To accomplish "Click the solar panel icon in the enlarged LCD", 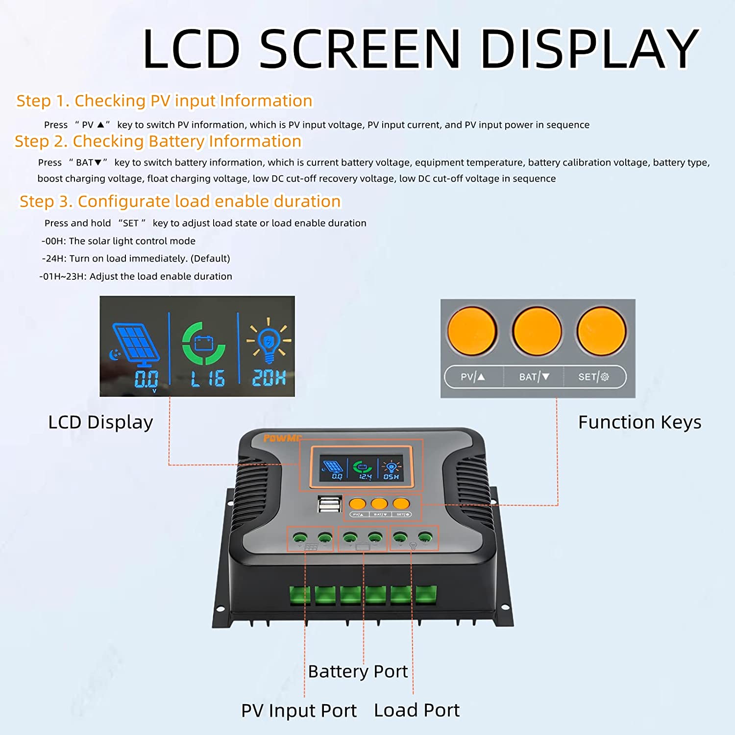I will click(136, 344).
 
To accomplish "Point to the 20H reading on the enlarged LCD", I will click(269, 378).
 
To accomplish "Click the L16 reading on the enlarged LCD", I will click(208, 379).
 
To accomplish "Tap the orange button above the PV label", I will click(472, 331).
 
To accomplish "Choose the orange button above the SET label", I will click(601, 331).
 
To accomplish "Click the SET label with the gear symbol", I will click(593, 377).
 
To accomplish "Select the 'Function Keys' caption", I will click(639, 422).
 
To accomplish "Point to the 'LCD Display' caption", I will click(100, 422).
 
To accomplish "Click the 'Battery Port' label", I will click(358, 671).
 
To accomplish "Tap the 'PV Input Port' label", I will click(299, 710).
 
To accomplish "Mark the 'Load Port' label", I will click(416, 710).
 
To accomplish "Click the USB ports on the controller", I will click(329, 504).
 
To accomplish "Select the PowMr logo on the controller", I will click(282, 438).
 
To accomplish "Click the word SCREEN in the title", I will click(360, 49).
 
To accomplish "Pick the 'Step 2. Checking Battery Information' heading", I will click(158, 141).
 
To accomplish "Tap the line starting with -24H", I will click(136, 258).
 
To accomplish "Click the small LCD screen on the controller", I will click(361, 468).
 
